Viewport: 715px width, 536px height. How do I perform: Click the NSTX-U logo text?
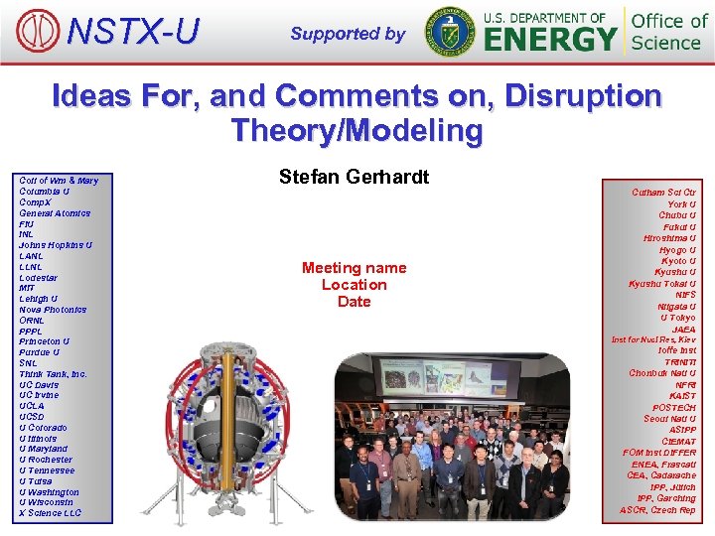click(x=132, y=32)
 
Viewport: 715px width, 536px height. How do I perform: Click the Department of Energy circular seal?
click(x=450, y=32)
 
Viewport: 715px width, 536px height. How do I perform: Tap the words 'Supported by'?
click(x=348, y=34)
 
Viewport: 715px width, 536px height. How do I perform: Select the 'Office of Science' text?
click(x=669, y=32)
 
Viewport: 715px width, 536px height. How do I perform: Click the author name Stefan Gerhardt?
click(x=354, y=178)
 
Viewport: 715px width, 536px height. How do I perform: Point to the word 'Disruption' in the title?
click(x=582, y=96)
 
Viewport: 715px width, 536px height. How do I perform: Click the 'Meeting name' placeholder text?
click(x=354, y=268)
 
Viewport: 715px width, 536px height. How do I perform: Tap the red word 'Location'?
click(x=354, y=285)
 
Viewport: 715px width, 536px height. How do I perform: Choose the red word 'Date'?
click(x=354, y=302)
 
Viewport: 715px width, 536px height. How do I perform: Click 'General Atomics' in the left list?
click(x=55, y=213)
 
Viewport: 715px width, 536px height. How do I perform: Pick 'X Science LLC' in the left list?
click(x=51, y=513)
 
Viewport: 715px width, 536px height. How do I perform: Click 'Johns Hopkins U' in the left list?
click(x=56, y=245)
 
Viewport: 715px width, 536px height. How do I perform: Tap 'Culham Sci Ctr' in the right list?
click(x=664, y=193)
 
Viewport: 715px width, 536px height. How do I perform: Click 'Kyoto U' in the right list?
click(x=677, y=261)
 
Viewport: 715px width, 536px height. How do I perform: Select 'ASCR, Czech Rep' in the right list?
click(x=657, y=510)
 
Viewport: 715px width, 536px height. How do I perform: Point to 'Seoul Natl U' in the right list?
click(x=669, y=419)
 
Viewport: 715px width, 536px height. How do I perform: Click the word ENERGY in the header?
click(x=550, y=40)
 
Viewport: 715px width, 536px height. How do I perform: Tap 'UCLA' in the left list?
click(x=33, y=406)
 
